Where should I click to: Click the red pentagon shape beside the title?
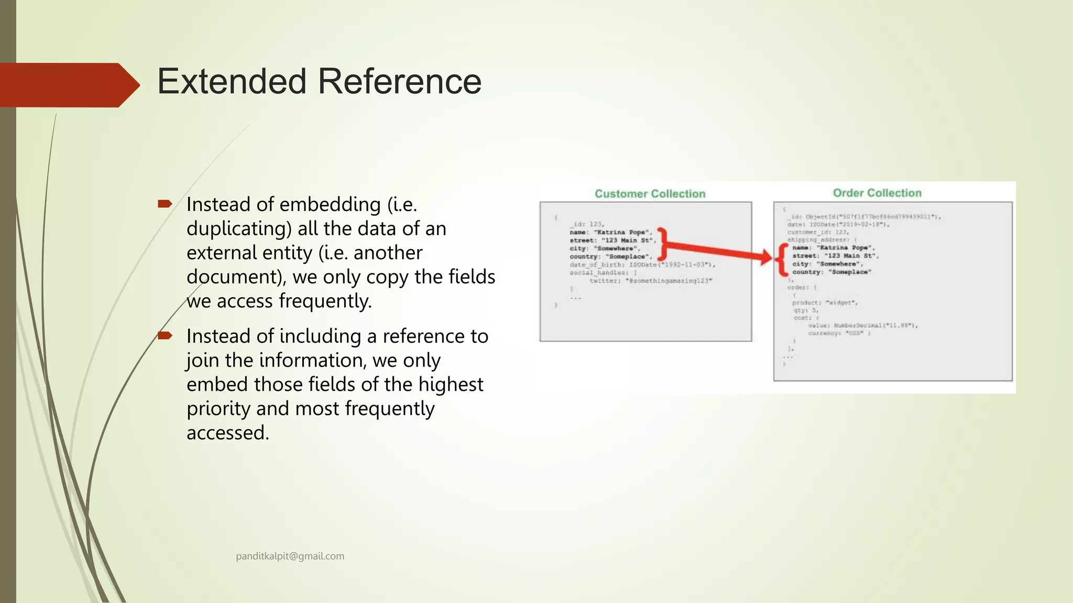point(68,85)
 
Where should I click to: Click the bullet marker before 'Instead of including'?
point(165,335)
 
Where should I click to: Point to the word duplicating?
point(239,229)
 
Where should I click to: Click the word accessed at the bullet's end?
point(227,433)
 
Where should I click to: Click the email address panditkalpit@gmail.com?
point(290,556)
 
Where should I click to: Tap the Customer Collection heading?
point(650,194)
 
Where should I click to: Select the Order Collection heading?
point(877,193)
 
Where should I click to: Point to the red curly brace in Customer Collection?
point(662,244)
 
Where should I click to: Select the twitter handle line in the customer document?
point(651,281)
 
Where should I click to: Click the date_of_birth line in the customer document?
point(642,265)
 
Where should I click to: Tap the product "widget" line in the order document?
point(825,303)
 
